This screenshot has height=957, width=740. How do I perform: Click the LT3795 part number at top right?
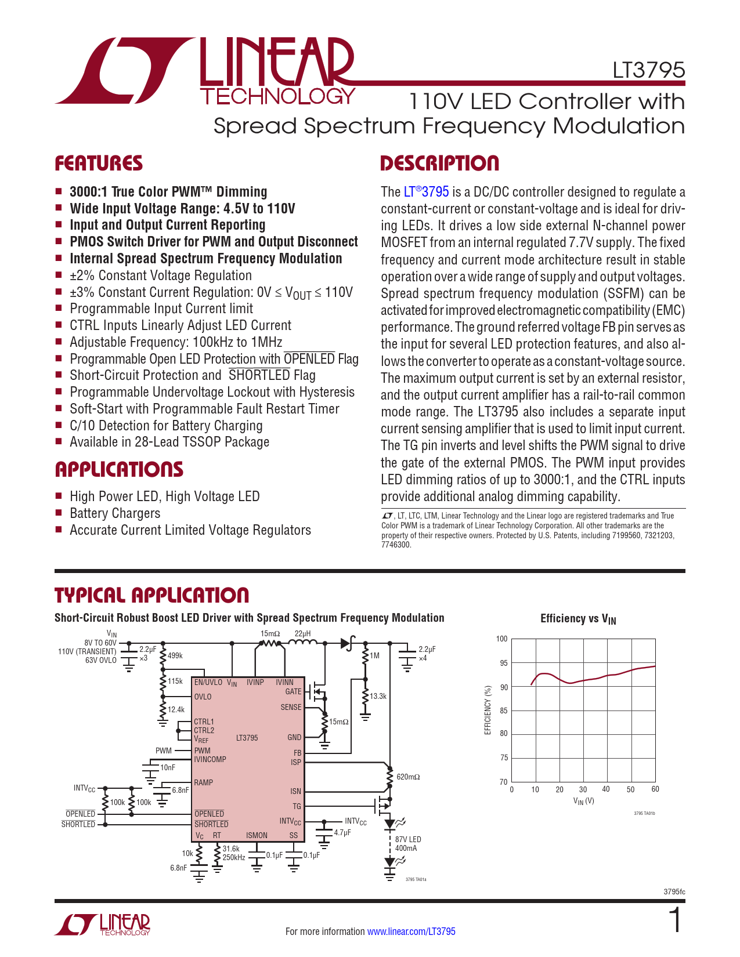pos(648,70)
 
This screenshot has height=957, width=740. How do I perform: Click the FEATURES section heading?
pos(99,164)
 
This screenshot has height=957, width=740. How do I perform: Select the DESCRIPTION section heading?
pos(439,164)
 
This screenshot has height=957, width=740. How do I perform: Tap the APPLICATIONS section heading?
pos(119,469)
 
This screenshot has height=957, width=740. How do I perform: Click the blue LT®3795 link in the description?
pos(426,191)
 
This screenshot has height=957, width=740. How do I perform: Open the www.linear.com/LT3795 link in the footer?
pos(411,931)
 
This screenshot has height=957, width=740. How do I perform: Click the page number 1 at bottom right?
pos(676,920)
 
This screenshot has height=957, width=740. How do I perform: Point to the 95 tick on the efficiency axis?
pos(503,663)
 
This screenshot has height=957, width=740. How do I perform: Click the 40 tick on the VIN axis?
pos(606,789)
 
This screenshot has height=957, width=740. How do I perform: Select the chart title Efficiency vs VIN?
pos(578,619)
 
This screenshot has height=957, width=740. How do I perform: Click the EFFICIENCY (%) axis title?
pos(488,710)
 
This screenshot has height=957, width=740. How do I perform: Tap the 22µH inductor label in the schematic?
pos(302,633)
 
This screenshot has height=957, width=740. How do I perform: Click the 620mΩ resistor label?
pos(408,777)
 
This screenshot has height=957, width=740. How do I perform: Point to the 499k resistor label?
pos(175,655)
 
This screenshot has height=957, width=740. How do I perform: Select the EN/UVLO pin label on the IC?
pos(208,682)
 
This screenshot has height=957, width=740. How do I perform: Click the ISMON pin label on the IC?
pos(257,835)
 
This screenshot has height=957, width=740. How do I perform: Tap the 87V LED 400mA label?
pos(407,844)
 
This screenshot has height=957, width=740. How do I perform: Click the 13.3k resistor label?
pos(378,696)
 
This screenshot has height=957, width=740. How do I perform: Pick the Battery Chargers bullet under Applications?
pos(115,513)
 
